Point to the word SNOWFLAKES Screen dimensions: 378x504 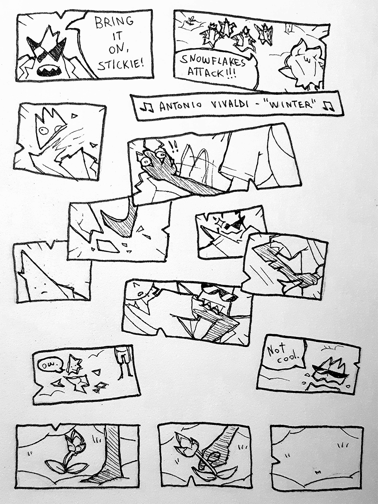[213, 61]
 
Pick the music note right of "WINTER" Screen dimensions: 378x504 [329, 106]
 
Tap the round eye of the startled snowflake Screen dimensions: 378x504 [43, 131]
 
